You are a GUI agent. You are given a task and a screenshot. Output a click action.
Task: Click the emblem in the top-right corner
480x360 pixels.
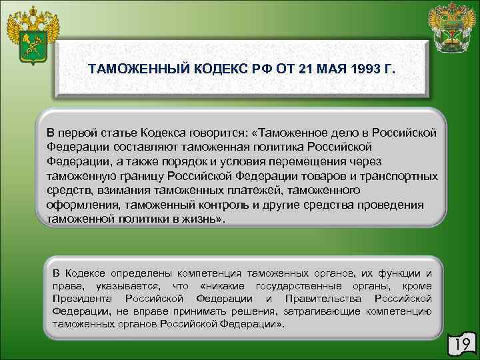tap(452, 29)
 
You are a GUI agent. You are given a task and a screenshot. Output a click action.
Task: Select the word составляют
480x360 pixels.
tap(133, 147)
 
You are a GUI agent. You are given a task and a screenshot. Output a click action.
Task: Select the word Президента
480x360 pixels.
tap(81, 298)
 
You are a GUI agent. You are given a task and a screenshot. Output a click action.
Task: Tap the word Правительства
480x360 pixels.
tap(323, 298)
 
